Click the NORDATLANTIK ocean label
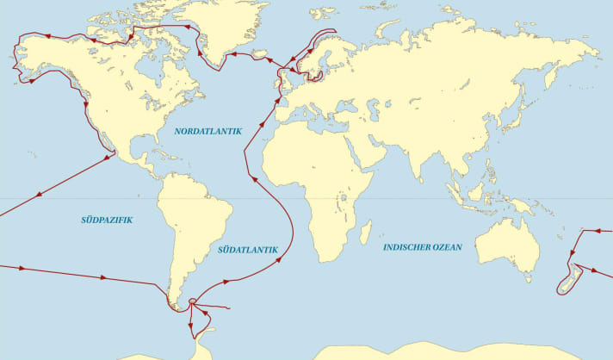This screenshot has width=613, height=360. (207, 131)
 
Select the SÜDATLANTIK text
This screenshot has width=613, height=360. (249, 250)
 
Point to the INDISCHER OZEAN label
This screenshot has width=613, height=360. (422, 247)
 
